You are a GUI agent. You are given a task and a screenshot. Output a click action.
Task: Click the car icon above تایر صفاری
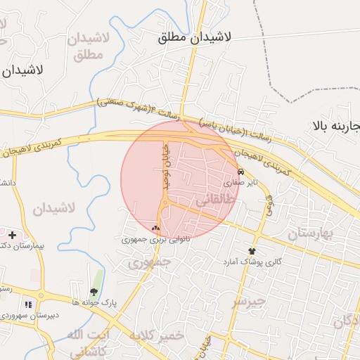241,172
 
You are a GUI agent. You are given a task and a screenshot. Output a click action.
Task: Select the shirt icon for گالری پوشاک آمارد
252,251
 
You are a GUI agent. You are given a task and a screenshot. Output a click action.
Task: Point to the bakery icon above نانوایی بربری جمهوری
156,228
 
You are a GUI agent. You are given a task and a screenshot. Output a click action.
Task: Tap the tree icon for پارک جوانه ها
94,292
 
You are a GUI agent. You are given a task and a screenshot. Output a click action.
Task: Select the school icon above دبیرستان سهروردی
29,304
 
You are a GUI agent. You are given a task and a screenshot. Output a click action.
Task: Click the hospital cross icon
12,234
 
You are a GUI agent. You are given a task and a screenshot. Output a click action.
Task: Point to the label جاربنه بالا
336,127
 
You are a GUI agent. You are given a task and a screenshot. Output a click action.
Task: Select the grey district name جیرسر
250,302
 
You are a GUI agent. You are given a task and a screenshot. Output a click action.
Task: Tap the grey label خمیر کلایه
156,335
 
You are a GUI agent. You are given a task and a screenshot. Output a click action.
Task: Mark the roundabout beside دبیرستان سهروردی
41,295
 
